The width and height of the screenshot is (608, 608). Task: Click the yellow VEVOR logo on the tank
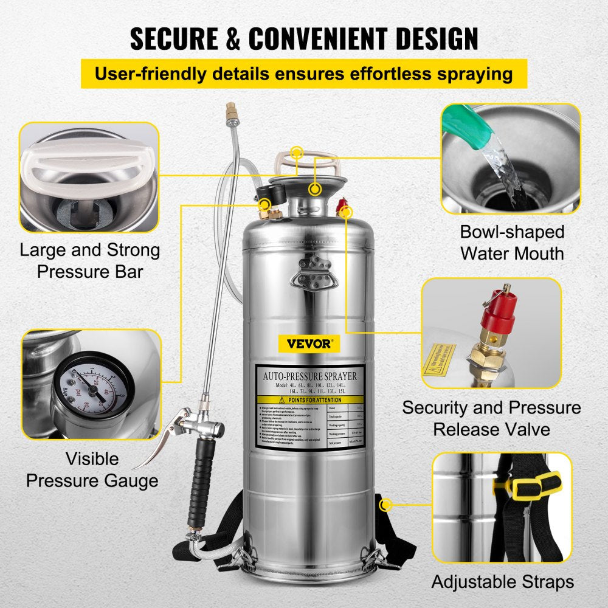pos(314,344)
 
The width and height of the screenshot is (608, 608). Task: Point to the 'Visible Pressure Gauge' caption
pos(92,470)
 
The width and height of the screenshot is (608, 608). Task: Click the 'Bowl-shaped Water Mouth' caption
pos(512,242)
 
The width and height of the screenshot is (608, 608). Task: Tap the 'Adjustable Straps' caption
pos(503,581)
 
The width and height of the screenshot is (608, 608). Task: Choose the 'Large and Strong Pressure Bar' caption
pos(90,260)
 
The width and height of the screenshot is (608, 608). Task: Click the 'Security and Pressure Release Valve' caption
pos(491,418)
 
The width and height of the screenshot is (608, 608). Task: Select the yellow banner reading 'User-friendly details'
pos(304,74)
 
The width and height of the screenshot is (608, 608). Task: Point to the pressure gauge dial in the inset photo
pos(94,389)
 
